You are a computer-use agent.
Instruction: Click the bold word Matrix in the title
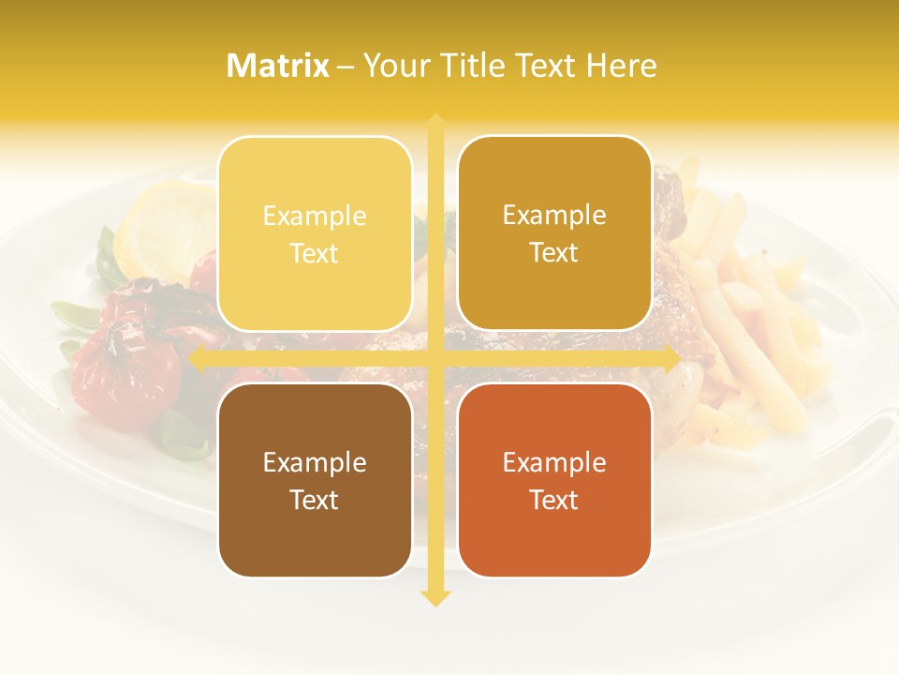(278, 66)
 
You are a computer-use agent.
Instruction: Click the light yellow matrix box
(315, 233)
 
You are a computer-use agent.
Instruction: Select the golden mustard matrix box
(554, 233)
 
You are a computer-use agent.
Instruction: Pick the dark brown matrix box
(315, 480)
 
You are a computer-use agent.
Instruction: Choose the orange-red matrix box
(554, 480)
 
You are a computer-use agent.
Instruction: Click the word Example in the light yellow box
(315, 217)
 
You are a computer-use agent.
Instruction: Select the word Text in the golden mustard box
(554, 253)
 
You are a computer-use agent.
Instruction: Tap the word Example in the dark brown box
(315, 462)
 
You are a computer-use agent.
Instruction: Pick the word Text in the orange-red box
(554, 500)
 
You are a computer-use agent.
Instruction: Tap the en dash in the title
(346, 67)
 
